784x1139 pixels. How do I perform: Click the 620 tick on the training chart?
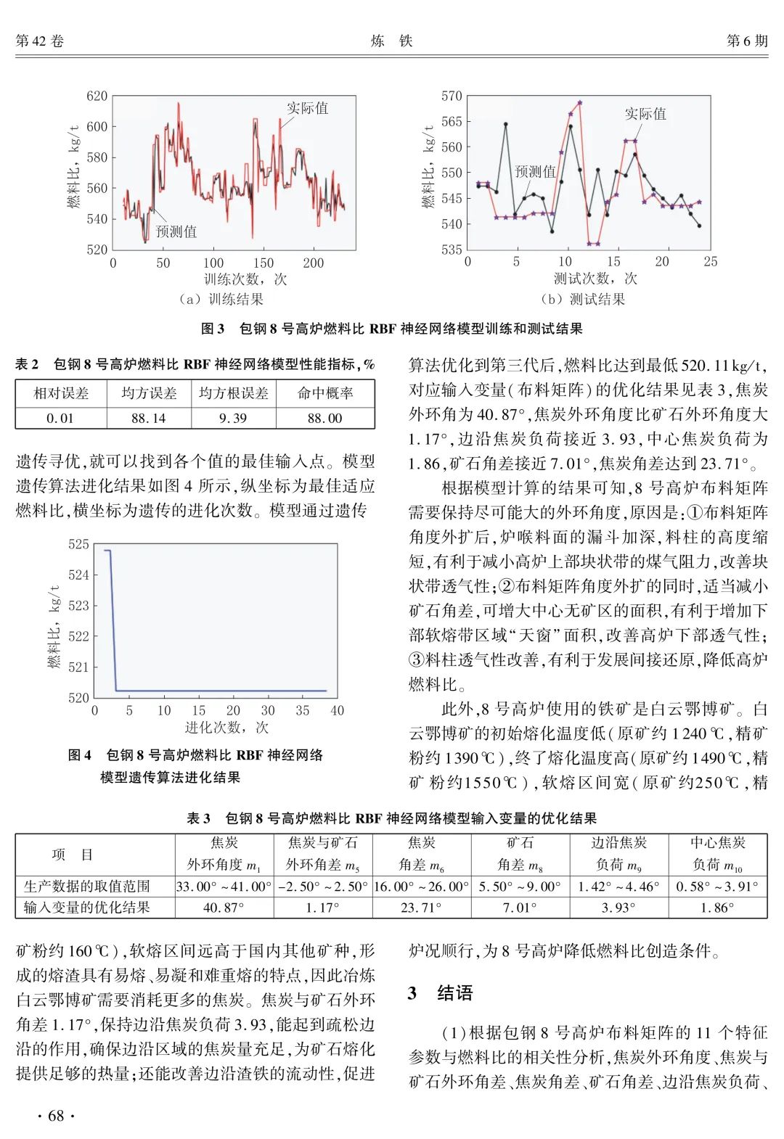click(97, 96)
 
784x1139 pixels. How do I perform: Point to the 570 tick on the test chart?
click(452, 96)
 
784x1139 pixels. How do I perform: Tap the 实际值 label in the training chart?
click(307, 108)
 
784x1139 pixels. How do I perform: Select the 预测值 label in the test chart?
click(535, 171)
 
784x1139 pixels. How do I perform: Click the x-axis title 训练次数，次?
click(245, 279)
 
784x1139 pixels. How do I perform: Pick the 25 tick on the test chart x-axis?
click(710, 262)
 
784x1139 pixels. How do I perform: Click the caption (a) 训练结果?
click(221, 299)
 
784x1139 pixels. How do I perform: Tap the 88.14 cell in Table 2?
click(149, 418)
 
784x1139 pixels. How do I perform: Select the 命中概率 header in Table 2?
click(325, 393)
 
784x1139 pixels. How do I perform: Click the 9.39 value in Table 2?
click(233, 418)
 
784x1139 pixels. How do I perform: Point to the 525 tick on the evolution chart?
click(78, 544)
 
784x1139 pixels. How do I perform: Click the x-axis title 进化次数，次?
click(226, 728)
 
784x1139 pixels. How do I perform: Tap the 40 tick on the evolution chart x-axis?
click(337, 711)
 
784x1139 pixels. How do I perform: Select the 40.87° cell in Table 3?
click(224, 908)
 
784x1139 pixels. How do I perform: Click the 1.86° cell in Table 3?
click(717, 908)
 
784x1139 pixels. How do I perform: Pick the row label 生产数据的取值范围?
click(87, 886)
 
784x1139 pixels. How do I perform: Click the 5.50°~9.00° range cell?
click(520, 886)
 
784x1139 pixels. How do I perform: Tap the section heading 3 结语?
click(441, 992)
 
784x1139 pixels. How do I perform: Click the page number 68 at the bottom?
click(56, 1116)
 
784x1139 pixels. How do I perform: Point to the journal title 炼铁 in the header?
click(392, 41)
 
